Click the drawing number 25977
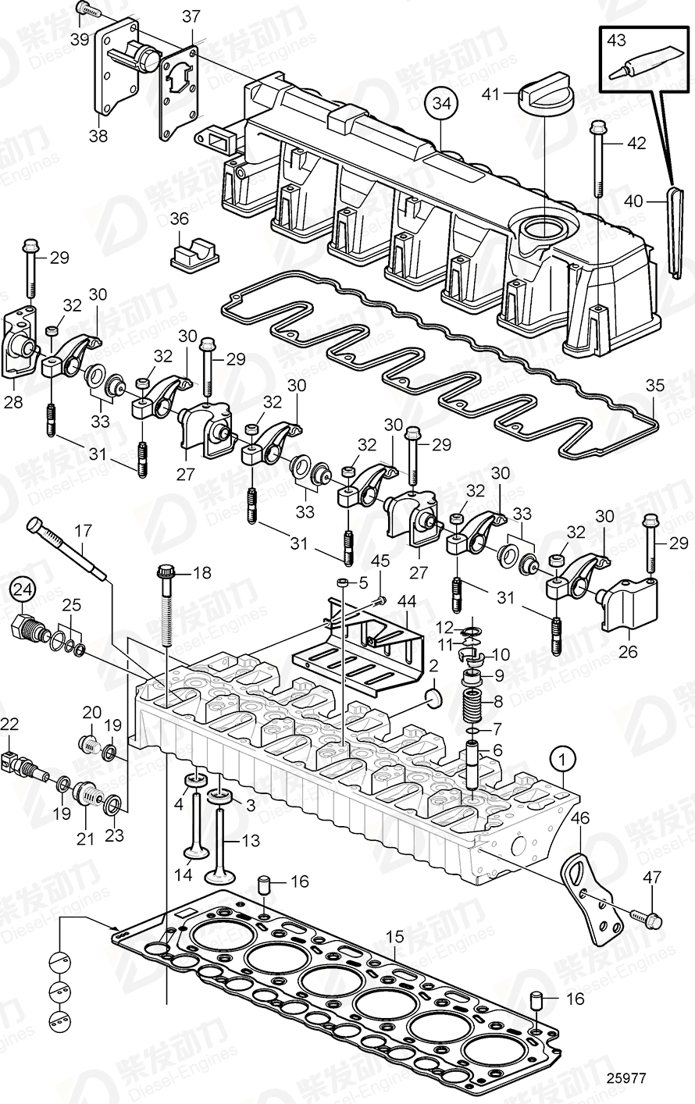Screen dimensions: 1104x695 click(625, 1078)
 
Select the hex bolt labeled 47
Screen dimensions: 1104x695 click(647, 917)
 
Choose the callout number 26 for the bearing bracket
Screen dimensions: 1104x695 click(628, 650)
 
